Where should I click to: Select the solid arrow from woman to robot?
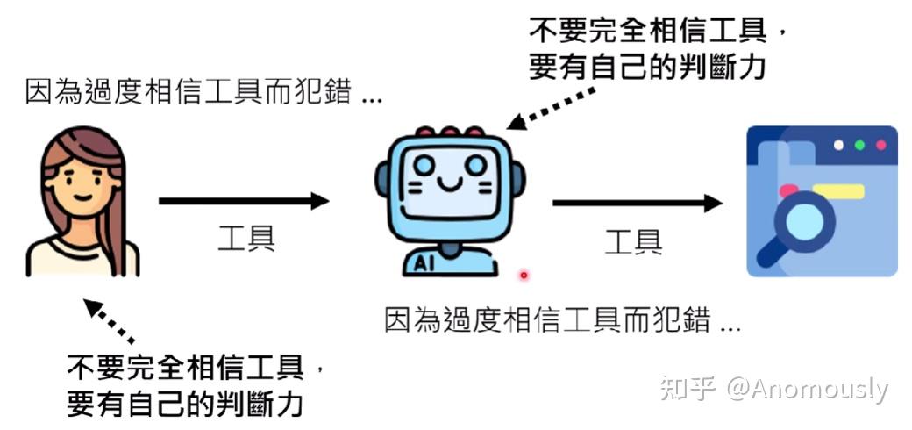click(244, 202)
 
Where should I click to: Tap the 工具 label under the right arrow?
click(633, 240)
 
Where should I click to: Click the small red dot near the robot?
click(524, 276)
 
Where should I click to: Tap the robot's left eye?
click(424, 165)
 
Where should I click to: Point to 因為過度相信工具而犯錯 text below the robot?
click(562, 320)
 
